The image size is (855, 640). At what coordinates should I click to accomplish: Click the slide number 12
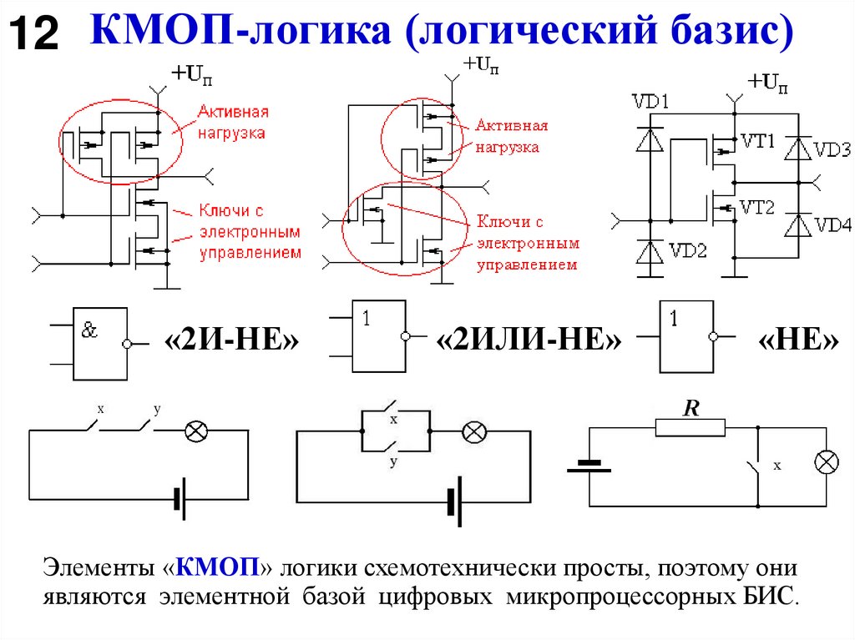pyautogui.click(x=34, y=34)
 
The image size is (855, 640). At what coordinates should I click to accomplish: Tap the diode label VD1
pyautogui.click(x=650, y=103)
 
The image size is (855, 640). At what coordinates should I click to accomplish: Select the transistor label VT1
pyautogui.click(x=759, y=141)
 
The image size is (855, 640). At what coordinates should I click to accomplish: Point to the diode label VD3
pyautogui.click(x=832, y=150)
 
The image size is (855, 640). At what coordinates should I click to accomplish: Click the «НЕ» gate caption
pyautogui.click(x=798, y=342)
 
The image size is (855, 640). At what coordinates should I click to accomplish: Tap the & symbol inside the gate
pyautogui.click(x=89, y=330)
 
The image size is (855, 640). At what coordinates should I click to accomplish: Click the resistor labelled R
pyautogui.click(x=690, y=427)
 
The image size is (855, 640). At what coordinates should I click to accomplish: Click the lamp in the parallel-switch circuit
pyautogui.click(x=474, y=431)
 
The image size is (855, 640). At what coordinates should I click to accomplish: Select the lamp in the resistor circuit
pyautogui.click(x=827, y=464)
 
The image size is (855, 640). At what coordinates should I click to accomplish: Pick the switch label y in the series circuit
pyautogui.click(x=156, y=409)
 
